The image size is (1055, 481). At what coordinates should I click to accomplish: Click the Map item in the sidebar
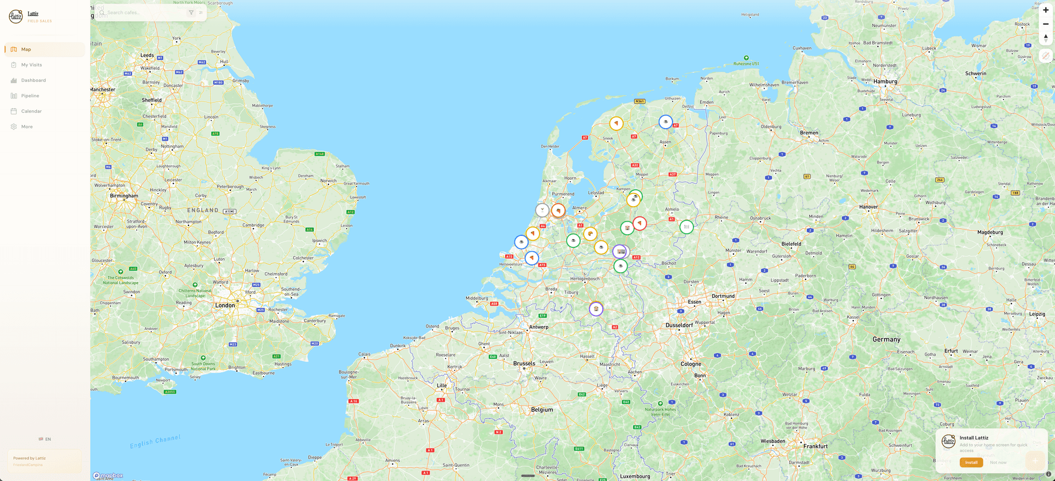click(x=26, y=49)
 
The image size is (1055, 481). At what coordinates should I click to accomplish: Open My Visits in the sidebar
click(x=31, y=65)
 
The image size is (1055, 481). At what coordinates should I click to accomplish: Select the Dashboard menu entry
click(x=33, y=80)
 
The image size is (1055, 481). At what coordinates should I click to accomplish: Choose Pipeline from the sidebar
click(x=30, y=96)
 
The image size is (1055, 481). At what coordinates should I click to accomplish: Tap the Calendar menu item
click(x=31, y=111)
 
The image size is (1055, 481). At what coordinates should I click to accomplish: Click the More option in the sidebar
click(x=26, y=126)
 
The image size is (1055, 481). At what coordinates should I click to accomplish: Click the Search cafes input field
click(x=143, y=13)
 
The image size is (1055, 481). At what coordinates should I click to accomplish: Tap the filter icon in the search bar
click(x=191, y=13)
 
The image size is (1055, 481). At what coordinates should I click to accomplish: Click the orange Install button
click(x=971, y=462)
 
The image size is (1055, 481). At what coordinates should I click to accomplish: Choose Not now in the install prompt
click(x=998, y=462)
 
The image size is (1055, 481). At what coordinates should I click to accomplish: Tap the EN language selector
click(x=45, y=439)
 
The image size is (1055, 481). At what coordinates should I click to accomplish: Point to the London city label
click(x=225, y=305)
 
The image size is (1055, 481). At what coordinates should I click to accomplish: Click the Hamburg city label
click(x=885, y=81)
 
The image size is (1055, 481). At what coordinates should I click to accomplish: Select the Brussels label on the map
click(x=524, y=363)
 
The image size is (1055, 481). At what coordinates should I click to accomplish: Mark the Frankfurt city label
click(x=815, y=446)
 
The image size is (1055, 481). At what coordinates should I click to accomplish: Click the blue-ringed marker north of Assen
click(x=665, y=122)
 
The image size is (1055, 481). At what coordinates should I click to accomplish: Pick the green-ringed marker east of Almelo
click(x=686, y=226)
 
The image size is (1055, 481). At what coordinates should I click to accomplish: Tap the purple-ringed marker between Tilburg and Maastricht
click(x=596, y=309)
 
